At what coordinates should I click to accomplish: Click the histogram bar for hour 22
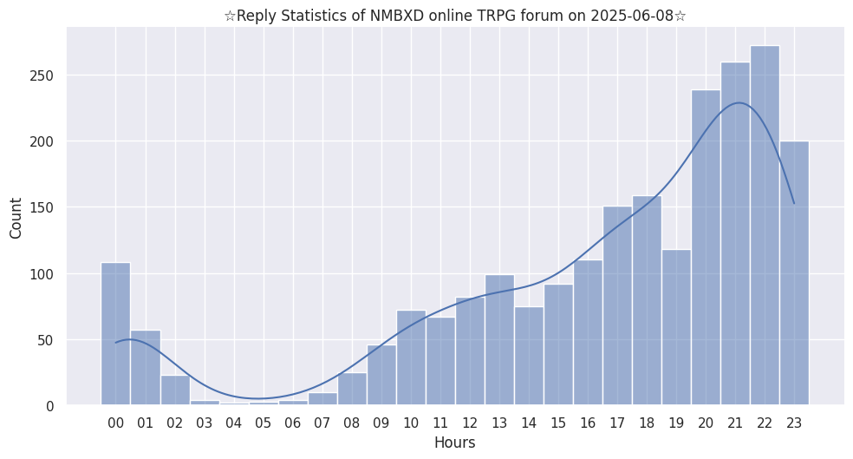click(x=765, y=226)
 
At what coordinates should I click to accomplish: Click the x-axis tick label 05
click(x=264, y=423)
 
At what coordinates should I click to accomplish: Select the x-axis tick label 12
click(x=470, y=423)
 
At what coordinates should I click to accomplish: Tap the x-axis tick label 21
click(x=735, y=423)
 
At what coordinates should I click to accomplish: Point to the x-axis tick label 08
click(x=352, y=423)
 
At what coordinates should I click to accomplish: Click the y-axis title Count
click(x=16, y=218)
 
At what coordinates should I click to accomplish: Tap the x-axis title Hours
click(x=454, y=443)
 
